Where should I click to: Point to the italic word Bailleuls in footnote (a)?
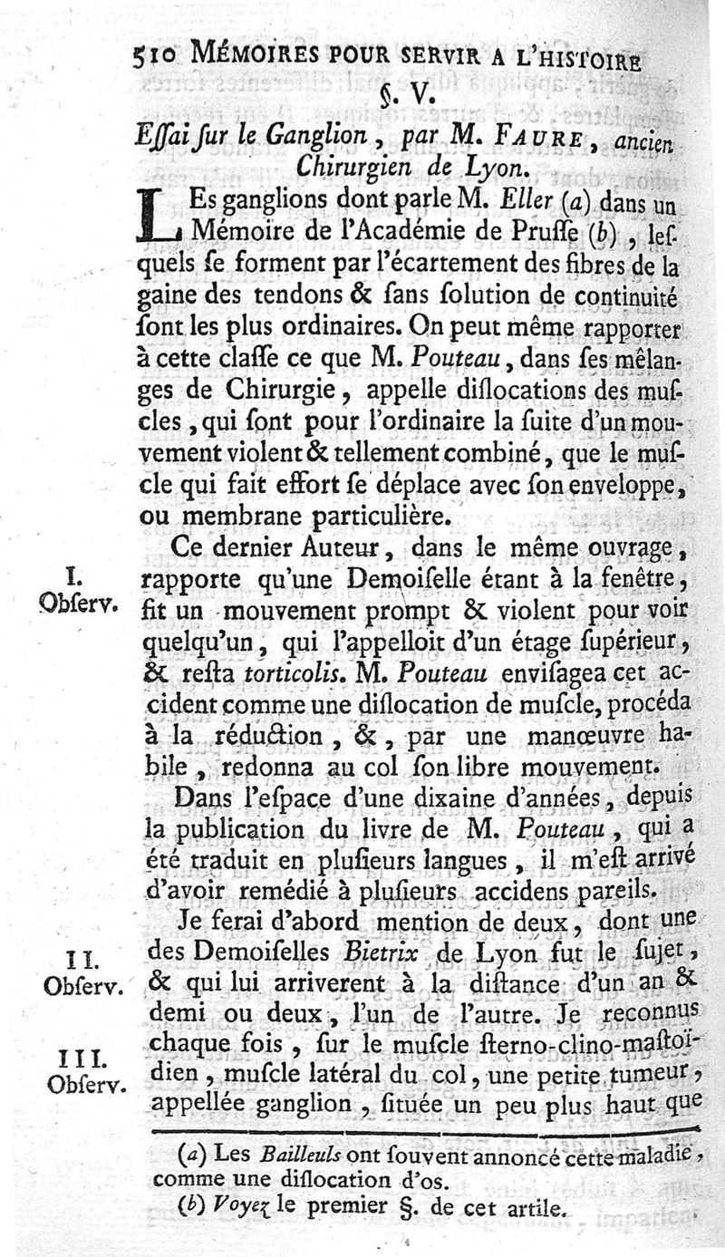pos(271,1155)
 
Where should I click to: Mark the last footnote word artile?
pos(535,1207)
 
